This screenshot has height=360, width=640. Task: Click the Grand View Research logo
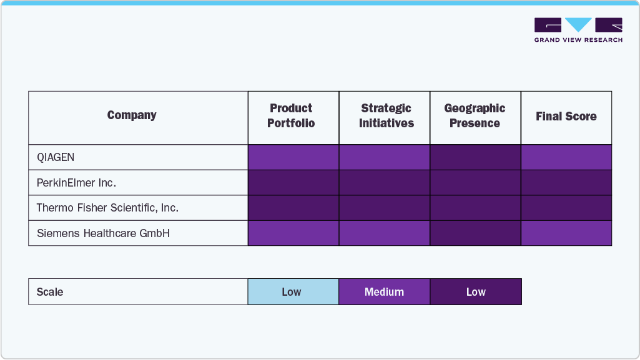tap(578, 30)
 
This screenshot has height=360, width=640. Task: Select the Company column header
tap(132, 115)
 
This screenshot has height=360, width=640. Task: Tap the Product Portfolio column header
tap(291, 116)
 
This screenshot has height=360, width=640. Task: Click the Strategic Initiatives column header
tap(386, 116)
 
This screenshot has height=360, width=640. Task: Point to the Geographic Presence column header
tap(475, 116)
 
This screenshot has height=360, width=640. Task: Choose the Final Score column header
tap(566, 117)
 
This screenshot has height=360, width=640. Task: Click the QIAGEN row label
tap(56, 157)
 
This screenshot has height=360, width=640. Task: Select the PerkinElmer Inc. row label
tap(76, 183)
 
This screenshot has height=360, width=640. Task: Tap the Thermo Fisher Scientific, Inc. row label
tap(107, 208)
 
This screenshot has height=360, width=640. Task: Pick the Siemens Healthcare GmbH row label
tap(103, 233)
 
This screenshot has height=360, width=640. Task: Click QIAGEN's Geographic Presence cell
tap(475, 157)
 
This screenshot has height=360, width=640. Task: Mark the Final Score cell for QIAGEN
tap(566, 157)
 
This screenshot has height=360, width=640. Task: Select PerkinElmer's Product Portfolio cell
tap(293, 183)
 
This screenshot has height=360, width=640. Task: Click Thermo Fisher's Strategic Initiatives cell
tap(385, 208)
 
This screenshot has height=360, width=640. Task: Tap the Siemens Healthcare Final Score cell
tap(566, 233)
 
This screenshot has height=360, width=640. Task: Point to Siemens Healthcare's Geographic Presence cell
tap(475, 233)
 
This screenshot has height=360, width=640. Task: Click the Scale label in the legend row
tap(50, 292)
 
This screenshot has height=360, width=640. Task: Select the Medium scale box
tap(384, 292)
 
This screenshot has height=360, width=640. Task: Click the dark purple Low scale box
tap(476, 292)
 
